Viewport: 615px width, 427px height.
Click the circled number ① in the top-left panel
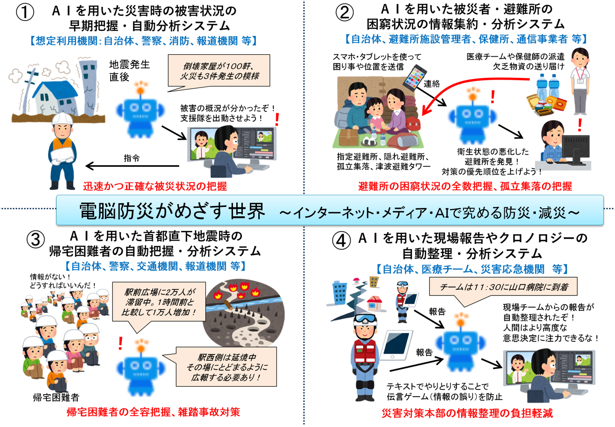[x=25, y=12]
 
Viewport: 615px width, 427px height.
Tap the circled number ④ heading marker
[x=341, y=240]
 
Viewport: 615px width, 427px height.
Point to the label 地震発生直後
[x=129, y=71]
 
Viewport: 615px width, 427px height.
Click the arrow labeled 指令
[x=132, y=166]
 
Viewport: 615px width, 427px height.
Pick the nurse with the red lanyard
[x=580, y=81]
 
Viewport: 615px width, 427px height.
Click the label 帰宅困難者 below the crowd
[x=56, y=397]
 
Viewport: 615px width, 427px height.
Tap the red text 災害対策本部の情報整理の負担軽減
[x=467, y=413]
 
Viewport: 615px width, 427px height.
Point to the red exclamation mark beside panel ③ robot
[x=120, y=343]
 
